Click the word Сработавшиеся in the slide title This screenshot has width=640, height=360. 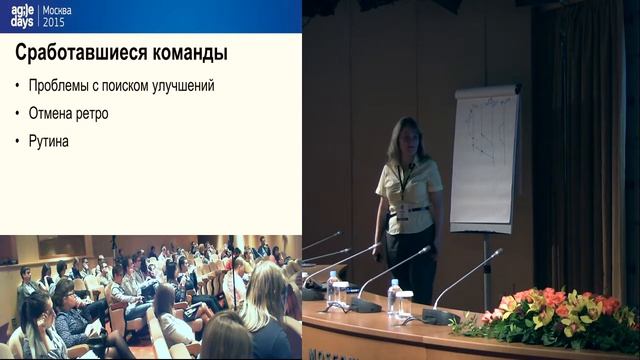[x=76, y=52]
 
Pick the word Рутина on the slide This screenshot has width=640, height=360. [x=48, y=142]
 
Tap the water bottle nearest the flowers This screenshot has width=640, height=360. [x=394, y=297]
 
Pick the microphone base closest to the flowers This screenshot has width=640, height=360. [x=440, y=316]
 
